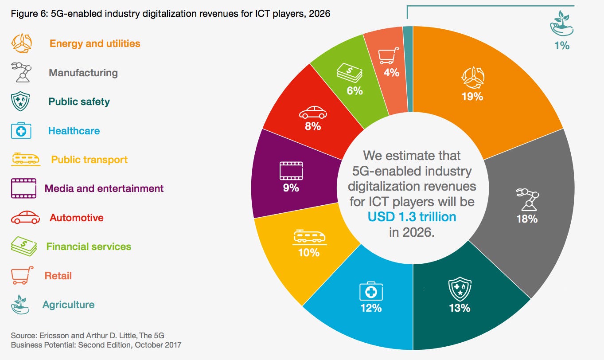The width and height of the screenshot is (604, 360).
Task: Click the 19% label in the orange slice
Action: pyautogui.click(x=472, y=96)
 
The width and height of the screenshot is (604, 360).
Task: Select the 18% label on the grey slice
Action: pyautogui.click(x=526, y=219)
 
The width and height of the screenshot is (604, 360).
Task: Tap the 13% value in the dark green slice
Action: pyautogui.click(x=459, y=307)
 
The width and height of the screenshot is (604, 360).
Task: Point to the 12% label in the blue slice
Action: pyautogui.click(x=370, y=307)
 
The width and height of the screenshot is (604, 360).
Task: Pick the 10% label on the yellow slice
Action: pyautogui.click(x=308, y=252)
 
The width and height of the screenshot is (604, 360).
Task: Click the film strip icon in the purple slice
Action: pyautogui.click(x=291, y=170)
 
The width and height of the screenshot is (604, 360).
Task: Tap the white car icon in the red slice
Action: pyautogui.click(x=313, y=112)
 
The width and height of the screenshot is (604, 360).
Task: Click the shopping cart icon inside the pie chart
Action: pyautogui.click(x=388, y=57)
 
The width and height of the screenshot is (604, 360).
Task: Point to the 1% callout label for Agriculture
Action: pyautogui.click(x=561, y=45)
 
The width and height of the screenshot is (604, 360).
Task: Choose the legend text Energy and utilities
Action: pyautogui.click(x=95, y=43)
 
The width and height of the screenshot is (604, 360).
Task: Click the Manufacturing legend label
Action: pyautogui.click(x=83, y=73)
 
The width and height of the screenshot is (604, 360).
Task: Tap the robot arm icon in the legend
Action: pyautogui.click(x=21, y=73)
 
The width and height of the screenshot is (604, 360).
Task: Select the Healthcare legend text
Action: pyautogui.click(x=74, y=131)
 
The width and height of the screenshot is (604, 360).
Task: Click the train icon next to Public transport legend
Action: pyautogui.click(x=25, y=159)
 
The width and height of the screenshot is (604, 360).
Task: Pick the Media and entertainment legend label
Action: pyautogui.click(x=104, y=188)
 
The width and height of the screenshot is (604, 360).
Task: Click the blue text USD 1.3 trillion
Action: pyautogui.click(x=412, y=217)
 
